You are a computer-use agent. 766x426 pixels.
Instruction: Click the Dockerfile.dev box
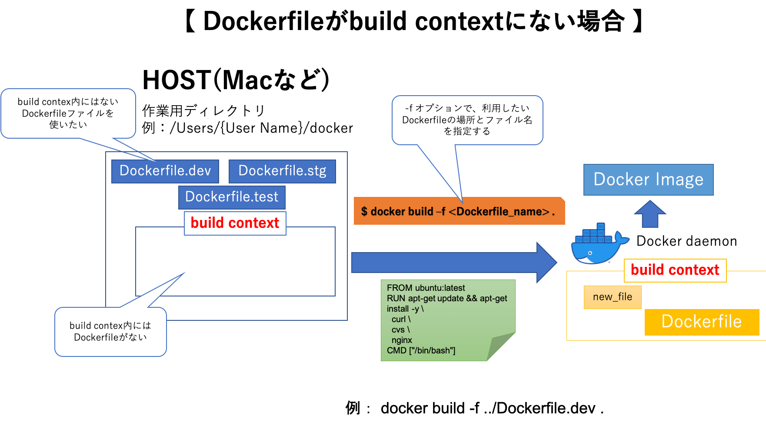coord(165,171)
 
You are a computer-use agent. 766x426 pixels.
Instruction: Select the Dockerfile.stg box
coord(282,171)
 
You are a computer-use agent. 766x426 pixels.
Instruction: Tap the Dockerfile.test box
coord(232,197)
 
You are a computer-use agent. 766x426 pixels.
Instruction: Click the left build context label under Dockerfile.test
coord(235,223)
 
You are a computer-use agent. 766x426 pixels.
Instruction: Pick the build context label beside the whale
coord(675,270)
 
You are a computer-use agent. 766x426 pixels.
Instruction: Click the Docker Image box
coord(648,180)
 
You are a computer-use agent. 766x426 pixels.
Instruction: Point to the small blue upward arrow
coord(650,214)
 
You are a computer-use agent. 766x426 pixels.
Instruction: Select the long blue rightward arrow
coord(452,263)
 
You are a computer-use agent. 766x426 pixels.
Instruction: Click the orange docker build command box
coord(459,211)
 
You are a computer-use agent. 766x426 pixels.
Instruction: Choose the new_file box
coord(612,297)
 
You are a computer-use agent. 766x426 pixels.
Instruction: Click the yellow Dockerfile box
coord(701,322)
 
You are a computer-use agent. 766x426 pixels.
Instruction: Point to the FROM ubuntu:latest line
coord(426,288)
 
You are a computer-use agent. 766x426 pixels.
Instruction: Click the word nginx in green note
coord(401,340)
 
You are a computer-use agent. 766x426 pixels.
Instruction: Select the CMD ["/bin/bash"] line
coord(421,350)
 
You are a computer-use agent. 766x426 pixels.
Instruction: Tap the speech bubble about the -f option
coord(467,120)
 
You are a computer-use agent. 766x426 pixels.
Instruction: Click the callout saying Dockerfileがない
coord(110,332)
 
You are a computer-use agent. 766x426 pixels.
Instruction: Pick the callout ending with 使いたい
coord(68,113)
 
